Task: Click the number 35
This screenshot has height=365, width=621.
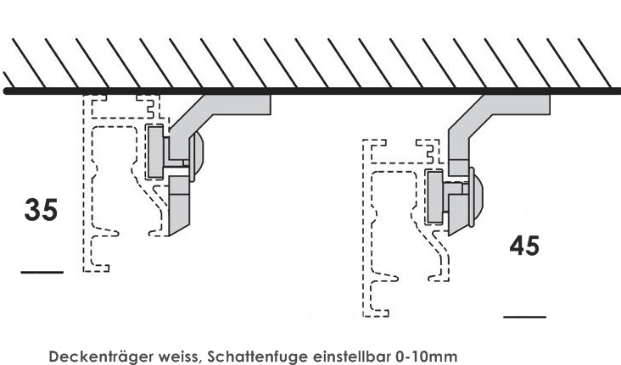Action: (42, 209)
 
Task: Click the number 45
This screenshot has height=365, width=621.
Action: (524, 246)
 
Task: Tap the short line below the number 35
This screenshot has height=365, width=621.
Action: (42, 272)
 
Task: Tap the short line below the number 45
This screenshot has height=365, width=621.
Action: (524, 316)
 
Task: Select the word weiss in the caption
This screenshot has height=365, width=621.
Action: (178, 356)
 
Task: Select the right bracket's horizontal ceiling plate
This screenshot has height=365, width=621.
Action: (522, 103)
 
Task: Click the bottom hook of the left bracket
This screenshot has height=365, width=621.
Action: (179, 207)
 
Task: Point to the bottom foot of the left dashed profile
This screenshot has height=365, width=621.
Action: (96, 268)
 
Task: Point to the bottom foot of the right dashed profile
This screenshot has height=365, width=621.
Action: (376, 312)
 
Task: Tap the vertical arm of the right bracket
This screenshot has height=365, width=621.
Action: (458, 144)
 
